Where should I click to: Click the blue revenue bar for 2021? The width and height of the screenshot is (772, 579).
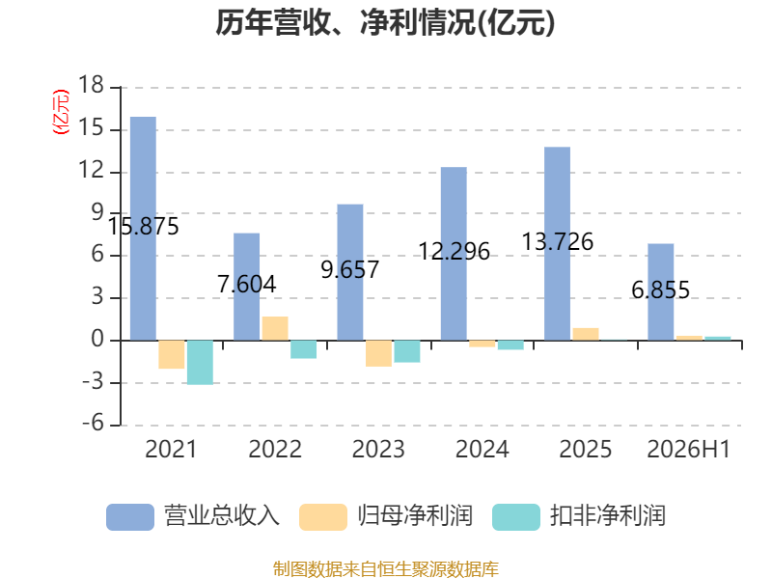[x=143, y=229]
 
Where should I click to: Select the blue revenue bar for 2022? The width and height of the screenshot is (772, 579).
[x=246, y=287]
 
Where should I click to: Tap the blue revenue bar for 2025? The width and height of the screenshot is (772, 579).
[x=558, y=244]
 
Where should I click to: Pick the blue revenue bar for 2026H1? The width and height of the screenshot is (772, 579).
[x=661, y=292]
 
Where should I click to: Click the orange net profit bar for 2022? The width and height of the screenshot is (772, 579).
[x=275, y=328]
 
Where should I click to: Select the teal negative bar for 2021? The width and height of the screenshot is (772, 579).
[x=200, y=363]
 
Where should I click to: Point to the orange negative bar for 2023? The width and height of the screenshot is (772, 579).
[x=378, y=353]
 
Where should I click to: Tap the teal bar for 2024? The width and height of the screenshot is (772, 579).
[x=510, y=345]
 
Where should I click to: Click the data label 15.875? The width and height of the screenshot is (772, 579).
[x=143, y=227]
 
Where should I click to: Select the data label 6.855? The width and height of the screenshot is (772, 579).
[x=661, y=290]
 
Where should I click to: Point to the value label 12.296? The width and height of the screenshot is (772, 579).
[x=454, y=251]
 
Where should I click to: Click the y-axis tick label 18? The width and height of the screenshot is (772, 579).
[x=91, y=85]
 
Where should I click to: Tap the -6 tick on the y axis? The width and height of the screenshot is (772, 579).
[x=93, y=424]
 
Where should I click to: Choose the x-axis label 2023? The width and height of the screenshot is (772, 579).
[x=378, y=449]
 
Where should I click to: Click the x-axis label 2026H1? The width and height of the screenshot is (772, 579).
[x=688, y=449]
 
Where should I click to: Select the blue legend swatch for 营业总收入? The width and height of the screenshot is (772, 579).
[x=130, y=517]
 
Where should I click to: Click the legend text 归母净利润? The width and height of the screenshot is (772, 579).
[x=415, y=516]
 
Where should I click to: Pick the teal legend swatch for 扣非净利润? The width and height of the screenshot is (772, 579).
[x=516, y=517]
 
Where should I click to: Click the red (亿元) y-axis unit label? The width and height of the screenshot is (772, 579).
[x=61, y=112]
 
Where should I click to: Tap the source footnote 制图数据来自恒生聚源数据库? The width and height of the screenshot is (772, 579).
[x=386, y=569]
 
